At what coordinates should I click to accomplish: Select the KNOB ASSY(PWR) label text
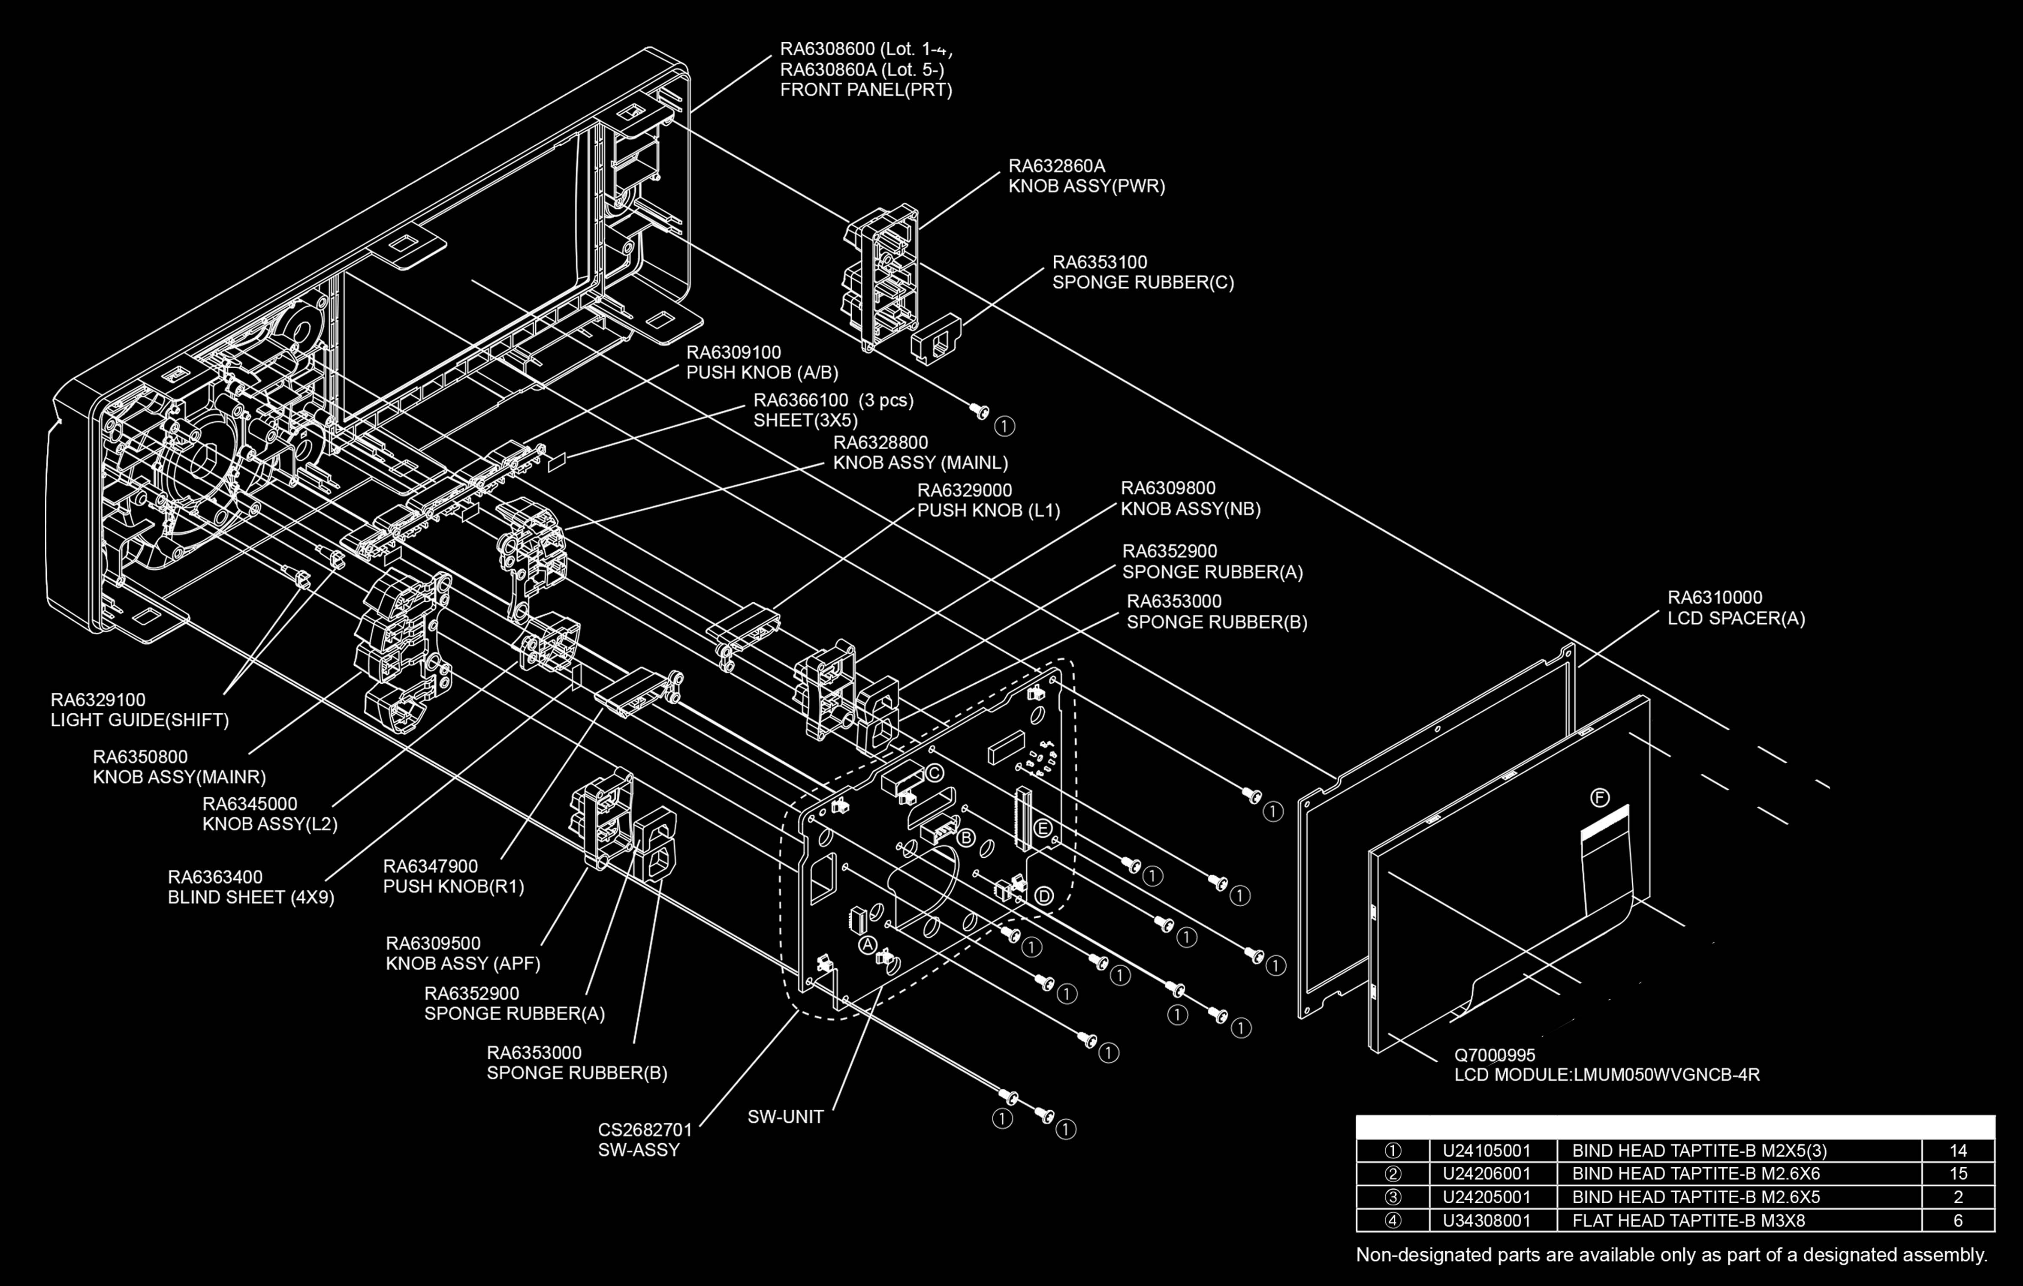pos(1086,186)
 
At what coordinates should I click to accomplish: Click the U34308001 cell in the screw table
pos(1486,1220)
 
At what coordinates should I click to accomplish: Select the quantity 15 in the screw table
pos(1957,1173)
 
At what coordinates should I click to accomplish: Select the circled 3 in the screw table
pos(1392,1197)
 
